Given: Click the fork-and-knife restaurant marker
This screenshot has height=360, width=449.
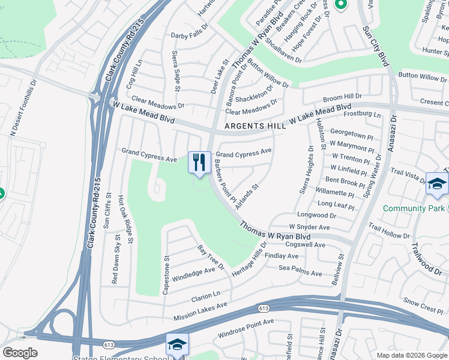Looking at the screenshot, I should click(199, 162).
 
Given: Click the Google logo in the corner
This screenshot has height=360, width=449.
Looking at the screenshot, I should click(20, 353).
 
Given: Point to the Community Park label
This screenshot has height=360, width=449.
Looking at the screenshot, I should click(414, 208).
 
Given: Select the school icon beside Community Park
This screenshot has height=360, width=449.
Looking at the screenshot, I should click(436, 185).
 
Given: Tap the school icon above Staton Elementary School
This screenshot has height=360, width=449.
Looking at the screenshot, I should click(177, 345).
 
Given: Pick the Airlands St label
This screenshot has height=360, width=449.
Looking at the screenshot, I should click(247, 197).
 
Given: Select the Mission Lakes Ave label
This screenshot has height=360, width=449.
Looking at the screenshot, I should click(200, 311).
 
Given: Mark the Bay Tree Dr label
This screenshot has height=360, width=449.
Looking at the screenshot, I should click(210, 257).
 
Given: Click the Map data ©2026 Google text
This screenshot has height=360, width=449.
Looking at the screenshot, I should click(411, 355).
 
